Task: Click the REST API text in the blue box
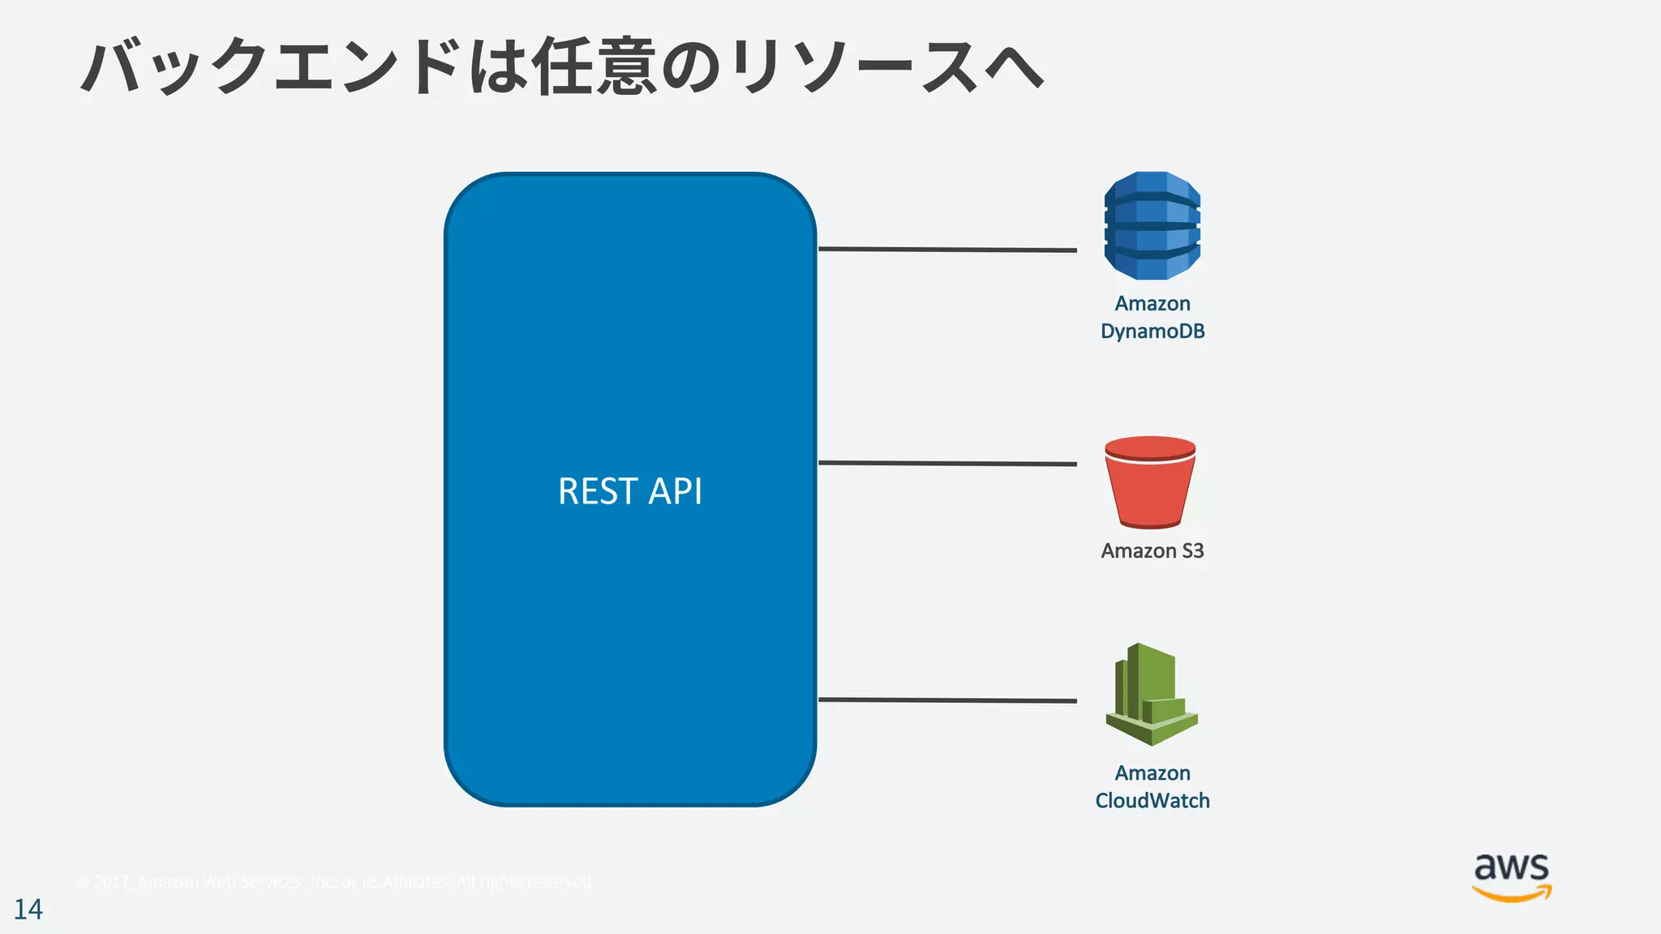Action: [630, 491]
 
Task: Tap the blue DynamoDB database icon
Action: [1152, 225]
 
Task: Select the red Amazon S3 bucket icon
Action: [1150, 483]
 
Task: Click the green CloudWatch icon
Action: [1151, 696]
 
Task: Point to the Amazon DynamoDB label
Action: [1152, 317]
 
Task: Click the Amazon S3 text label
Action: [1152, 551]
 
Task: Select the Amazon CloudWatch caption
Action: [1152, 786]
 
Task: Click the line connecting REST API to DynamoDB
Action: [947, 250]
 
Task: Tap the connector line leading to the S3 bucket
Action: [947, 463]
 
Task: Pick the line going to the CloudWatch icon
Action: [947, 700]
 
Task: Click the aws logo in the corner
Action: [1512, 877]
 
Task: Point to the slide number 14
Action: [28, 910]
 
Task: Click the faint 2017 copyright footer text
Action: [337, 882]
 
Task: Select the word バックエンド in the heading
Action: [272, 66]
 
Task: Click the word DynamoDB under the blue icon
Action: [1152, 332]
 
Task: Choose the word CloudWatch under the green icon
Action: [1152, 801]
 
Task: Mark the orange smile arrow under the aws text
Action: [1512, 894]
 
